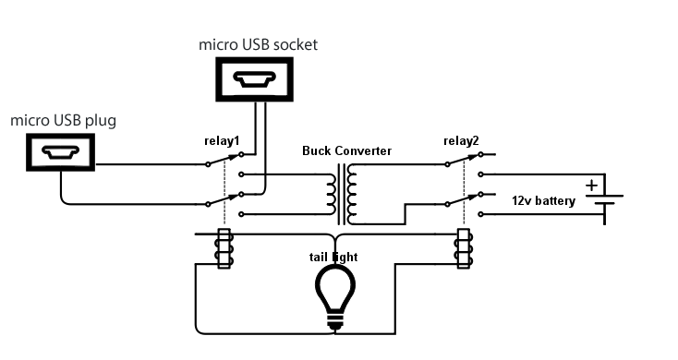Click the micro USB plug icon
click(59, 151)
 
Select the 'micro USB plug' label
click(64, 121)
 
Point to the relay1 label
click(222, 141)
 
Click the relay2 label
click(462, 140)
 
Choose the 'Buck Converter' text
click(346, 150)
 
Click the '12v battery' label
click(544, 200)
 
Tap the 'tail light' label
click(333, 256)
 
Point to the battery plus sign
click(591, 186)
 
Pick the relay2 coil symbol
click(463, 249)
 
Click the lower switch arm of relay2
click(465, 198)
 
